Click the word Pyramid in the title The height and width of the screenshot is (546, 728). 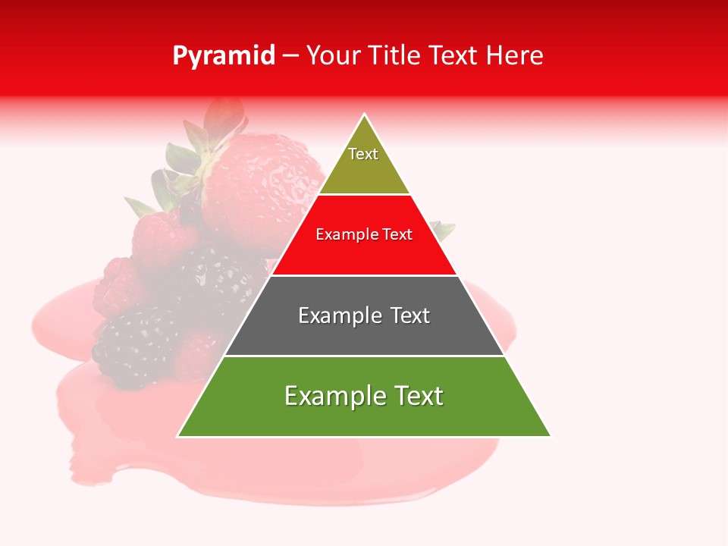(223, 56)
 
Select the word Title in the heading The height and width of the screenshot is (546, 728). (397, 56)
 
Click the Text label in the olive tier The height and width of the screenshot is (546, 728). (363, 154)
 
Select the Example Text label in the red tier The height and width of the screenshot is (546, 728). (364, 235)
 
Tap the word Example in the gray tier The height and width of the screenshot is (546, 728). (337, 316)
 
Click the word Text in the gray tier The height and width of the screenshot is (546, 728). (409, 315)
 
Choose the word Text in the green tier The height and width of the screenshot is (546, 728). (419, 396)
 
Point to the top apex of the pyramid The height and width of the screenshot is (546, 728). (365, 115)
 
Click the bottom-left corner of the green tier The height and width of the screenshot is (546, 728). (179, 436)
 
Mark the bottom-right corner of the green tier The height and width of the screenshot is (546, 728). (550, 436)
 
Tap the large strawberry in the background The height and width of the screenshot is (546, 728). (265, 182)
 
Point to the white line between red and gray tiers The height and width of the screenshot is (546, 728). (364, 275)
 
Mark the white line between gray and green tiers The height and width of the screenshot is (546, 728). (364, 356)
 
